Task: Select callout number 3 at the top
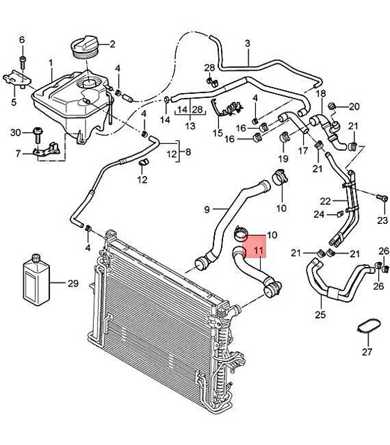coord(247,44)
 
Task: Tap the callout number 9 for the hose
coord(206,209)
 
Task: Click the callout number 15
coord(218,132)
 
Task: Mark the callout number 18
coord(320,93)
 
